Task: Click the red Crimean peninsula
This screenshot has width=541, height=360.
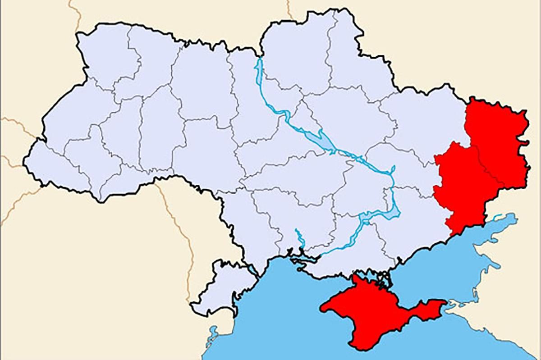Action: pyautogui.click(x=374, y=311)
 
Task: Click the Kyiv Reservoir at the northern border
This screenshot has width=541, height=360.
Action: pyautogui.click(x=259, y=72)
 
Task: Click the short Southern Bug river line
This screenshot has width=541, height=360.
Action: pyautogui.click(x=298, y=237)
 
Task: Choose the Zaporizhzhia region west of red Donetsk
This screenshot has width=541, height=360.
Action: pyautogui.click(x=406, y=225)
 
